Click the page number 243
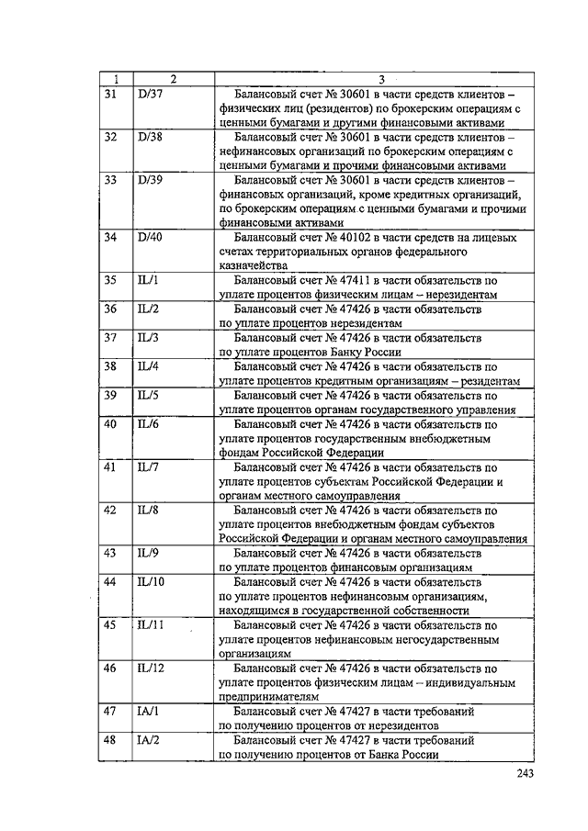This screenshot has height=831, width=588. pos(525,773)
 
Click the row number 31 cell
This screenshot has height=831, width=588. pos(110,94)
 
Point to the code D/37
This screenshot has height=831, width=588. pos(148,94)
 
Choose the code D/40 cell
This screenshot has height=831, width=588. pos(149,237)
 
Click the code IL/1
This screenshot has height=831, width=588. pos(147,280)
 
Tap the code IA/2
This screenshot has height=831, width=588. pos(147,739)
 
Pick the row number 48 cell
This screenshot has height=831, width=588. pos(110,739)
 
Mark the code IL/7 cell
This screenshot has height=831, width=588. pos(147,466)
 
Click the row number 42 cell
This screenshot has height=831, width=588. pos(110,511)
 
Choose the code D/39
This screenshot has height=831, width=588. pos(148,180)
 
